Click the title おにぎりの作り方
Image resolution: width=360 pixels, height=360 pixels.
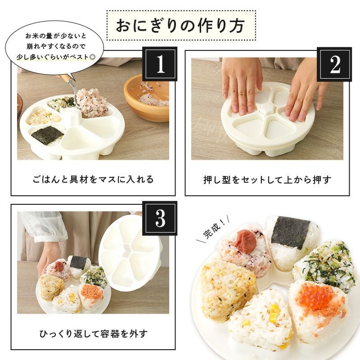[x=180, y=26]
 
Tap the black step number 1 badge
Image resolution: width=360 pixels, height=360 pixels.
[x=160, y=64]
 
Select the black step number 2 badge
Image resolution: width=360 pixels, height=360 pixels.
[x=334, y=64]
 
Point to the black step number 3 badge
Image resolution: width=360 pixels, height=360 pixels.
[x=160, y=218]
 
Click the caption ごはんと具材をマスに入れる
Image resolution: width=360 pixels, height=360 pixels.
[x=93, y=180]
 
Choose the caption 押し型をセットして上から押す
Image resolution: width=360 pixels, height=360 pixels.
[x=267, y=180]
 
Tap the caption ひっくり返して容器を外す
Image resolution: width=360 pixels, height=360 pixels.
[x=93, y=333]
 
